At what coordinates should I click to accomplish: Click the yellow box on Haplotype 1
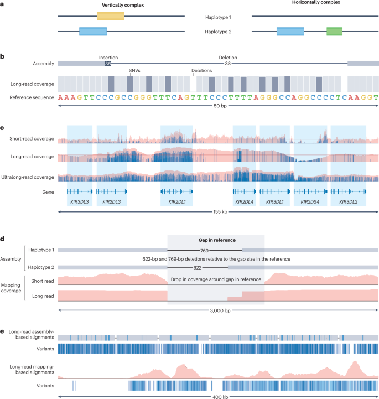click(x=111, y=15)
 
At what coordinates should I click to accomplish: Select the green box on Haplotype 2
click(x=335, y=32)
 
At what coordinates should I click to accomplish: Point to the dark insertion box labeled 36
click(x=108, y=64)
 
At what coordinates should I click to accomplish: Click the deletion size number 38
click(x=228, y=64)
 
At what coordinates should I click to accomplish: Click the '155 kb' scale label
click(x=218, y=212)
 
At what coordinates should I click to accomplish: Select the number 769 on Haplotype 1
click(x=204, y=250)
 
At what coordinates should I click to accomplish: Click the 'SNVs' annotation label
click(x=134, y=71)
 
